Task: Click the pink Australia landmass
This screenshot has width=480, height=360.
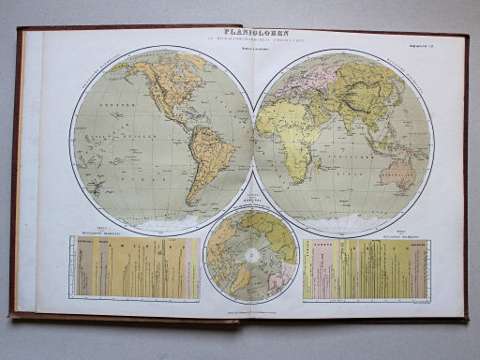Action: tap(404, 174)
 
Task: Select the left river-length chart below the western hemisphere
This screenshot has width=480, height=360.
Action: tap(137, 268)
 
